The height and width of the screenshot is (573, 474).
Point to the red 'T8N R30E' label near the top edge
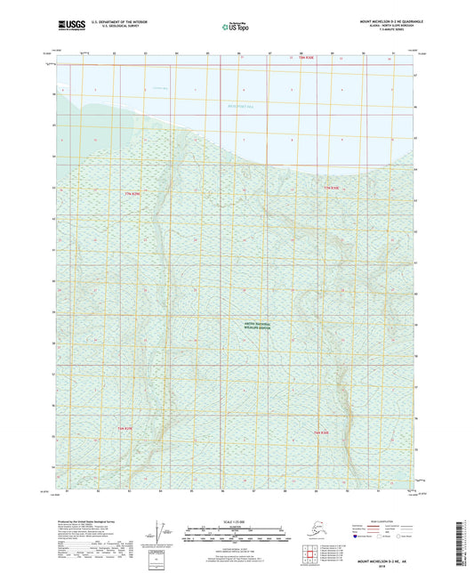click(296, 58)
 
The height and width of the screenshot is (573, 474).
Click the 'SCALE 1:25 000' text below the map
click(234, 521)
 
